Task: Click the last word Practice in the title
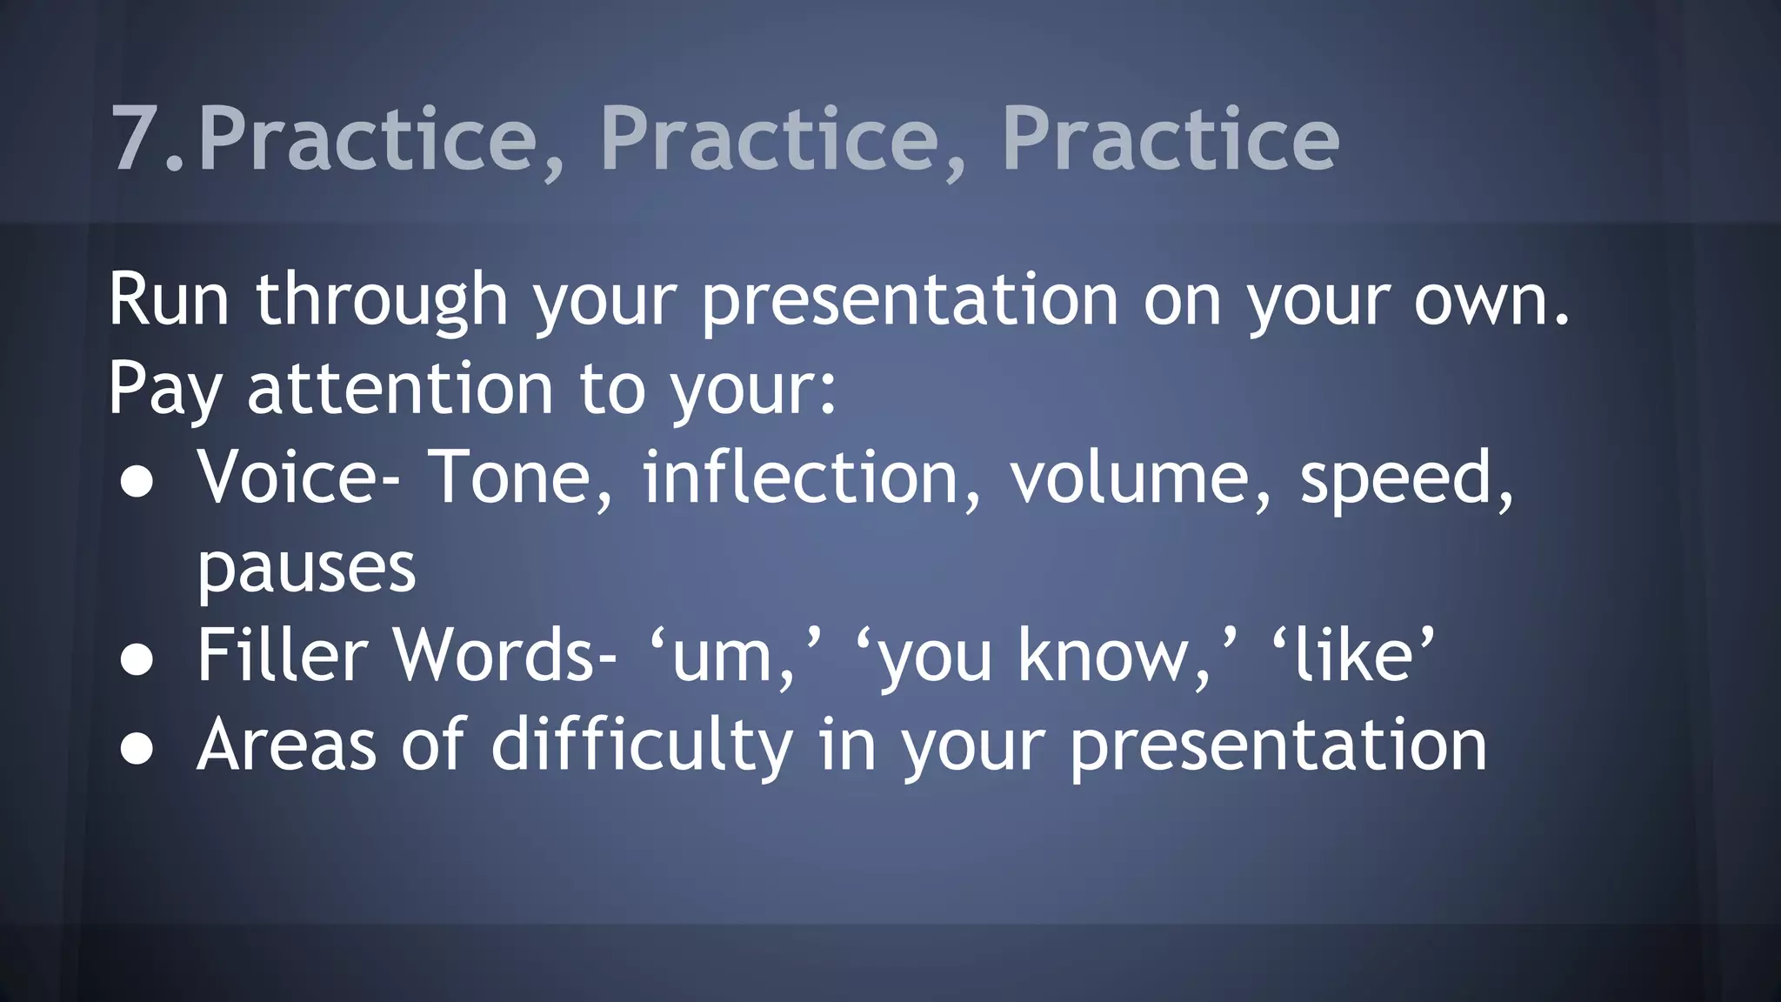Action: pyautogui.click(x=1170, y=139)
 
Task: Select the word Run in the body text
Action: pyautogui.click(x=169, y=299)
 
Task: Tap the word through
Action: pyautogui.click(x=381, y=301)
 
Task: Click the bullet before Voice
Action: pyautogui.click(x=137, y=483)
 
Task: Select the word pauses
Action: pyautogui.click(x=306, y=570)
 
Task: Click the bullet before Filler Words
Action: pyautogui.click(x=137, y=661)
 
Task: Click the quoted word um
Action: pyautogui.click(x=722, y=658)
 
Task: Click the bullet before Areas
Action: pyautogui.click(x=137, y=750)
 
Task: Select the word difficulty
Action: pyautogui.click(x=642, y=746)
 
